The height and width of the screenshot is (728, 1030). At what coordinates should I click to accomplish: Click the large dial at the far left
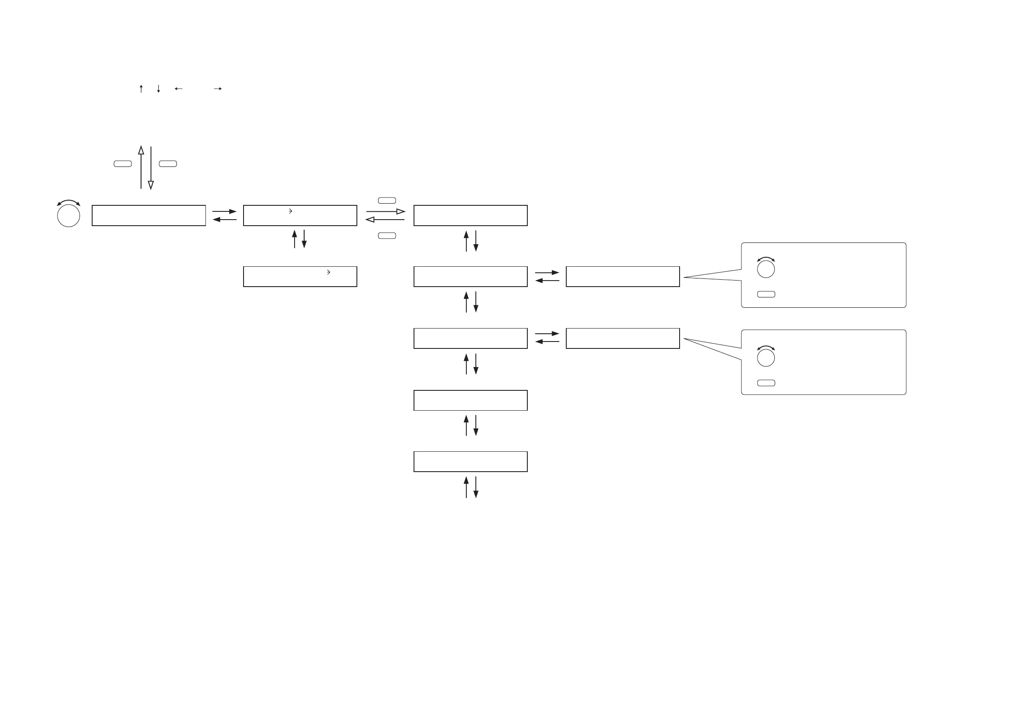(69, 216)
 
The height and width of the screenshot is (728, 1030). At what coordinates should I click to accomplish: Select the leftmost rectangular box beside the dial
(148, 216)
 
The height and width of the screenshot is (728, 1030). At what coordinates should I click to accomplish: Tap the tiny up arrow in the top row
(141, 89)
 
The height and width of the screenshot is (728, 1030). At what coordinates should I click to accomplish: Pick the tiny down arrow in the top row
(158, 89)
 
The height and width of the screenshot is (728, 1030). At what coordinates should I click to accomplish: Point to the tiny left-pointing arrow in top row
(179, 89)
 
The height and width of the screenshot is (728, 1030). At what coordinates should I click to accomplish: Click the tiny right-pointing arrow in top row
(218, 89)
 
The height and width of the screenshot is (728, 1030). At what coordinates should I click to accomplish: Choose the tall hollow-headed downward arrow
(151, 168)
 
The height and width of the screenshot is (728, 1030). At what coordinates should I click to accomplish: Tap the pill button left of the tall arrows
(122, 163)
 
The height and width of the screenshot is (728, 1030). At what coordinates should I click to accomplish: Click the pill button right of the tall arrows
(168, 163)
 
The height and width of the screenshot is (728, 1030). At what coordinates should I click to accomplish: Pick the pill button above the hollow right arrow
(387, 201)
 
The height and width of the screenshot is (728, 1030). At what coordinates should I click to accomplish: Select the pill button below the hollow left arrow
(387, 236)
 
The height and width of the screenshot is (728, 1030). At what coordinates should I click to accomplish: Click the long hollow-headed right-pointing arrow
(385, 211)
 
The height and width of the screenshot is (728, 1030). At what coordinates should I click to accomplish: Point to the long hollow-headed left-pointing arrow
(385, 220)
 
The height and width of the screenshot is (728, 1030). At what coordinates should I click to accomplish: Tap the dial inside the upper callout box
(766, 269)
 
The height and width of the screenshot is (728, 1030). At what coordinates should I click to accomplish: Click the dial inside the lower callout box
(766, 358)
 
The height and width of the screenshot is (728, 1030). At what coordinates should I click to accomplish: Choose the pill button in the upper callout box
(766, 294)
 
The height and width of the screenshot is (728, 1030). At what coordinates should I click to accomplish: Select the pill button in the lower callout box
(766, 383)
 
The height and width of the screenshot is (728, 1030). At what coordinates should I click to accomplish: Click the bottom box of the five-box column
(470, 462)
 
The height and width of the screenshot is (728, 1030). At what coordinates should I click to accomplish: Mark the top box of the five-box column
(470, 216)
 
